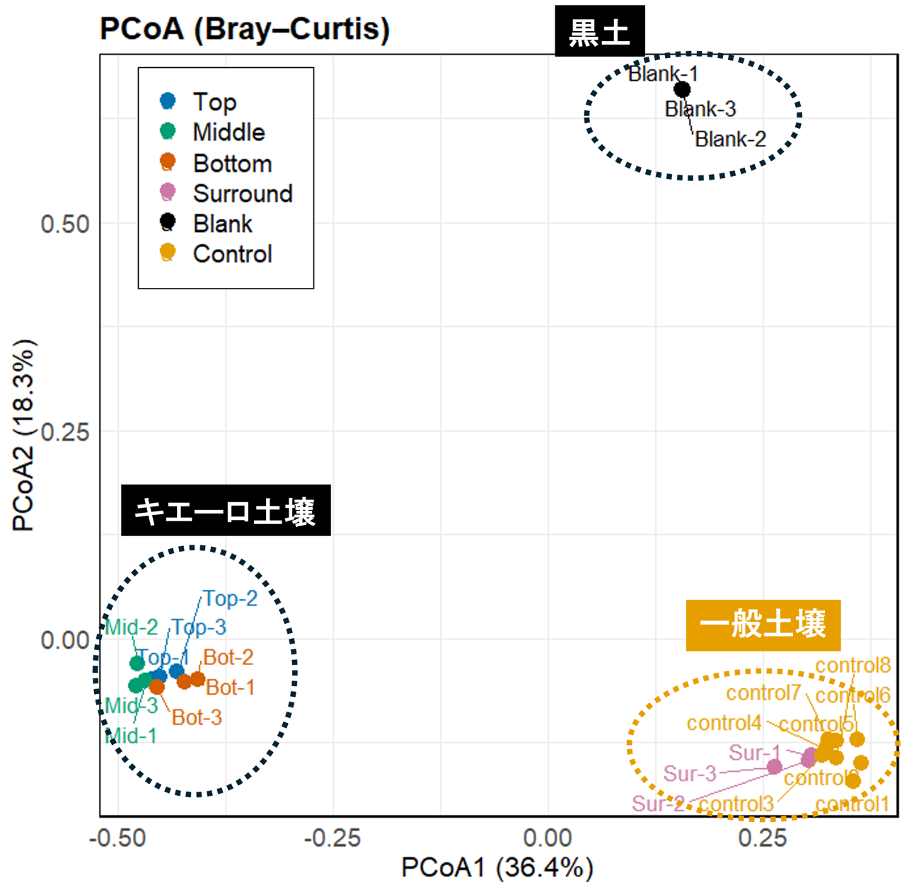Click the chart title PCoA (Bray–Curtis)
[x=245, y=29]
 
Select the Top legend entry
[x=214, y=102]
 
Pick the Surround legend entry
[x=242, y=193]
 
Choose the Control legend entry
[x=232, y=254]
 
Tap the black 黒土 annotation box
[x=599, y=32]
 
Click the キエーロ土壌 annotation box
[x=226, y=511]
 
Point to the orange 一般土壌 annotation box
[x=763, y=625]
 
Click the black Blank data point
[x=682, y=90]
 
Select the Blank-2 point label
[x=730, y=139]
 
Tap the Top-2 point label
[x=231, y=598]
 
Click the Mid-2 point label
[x=132, y=627]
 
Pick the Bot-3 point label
[x=197, y=717]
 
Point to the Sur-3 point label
[x=690, y=774]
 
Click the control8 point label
[x=852, y=666]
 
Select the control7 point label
[x=763, y=693]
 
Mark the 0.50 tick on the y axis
[x=65, y=224]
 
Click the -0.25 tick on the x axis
[x=333, y=838]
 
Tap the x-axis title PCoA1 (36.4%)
[x=497, y=867]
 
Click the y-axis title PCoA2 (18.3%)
[x=23, y=436]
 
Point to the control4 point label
[x=724, y=723]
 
